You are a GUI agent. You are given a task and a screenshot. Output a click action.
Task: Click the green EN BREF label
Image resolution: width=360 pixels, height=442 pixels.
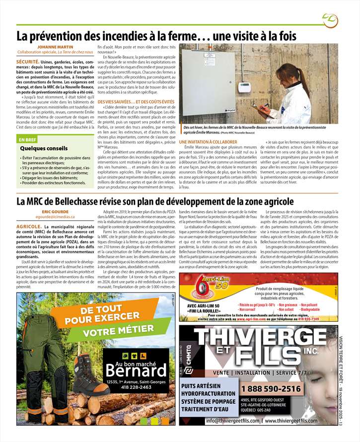pos(28,140)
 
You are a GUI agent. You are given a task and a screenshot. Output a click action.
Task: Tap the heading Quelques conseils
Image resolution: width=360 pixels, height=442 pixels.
pos(43,148)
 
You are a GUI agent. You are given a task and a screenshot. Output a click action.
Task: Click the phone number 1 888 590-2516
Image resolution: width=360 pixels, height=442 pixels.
pos(271,389)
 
